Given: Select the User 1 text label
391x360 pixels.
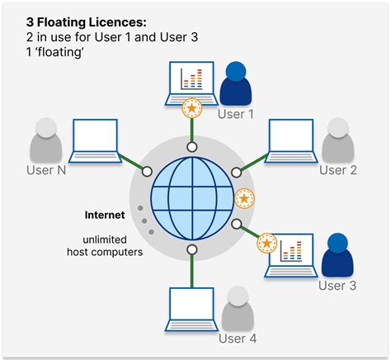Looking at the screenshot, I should [x=236, y=114].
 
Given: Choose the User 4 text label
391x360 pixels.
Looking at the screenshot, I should [x=237, y=338].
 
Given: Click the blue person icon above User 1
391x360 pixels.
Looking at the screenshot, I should [x=237, y=83].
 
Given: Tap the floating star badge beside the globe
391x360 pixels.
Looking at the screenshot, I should [x=244, y=199].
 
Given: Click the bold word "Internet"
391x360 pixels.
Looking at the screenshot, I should [x=105, y=215].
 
